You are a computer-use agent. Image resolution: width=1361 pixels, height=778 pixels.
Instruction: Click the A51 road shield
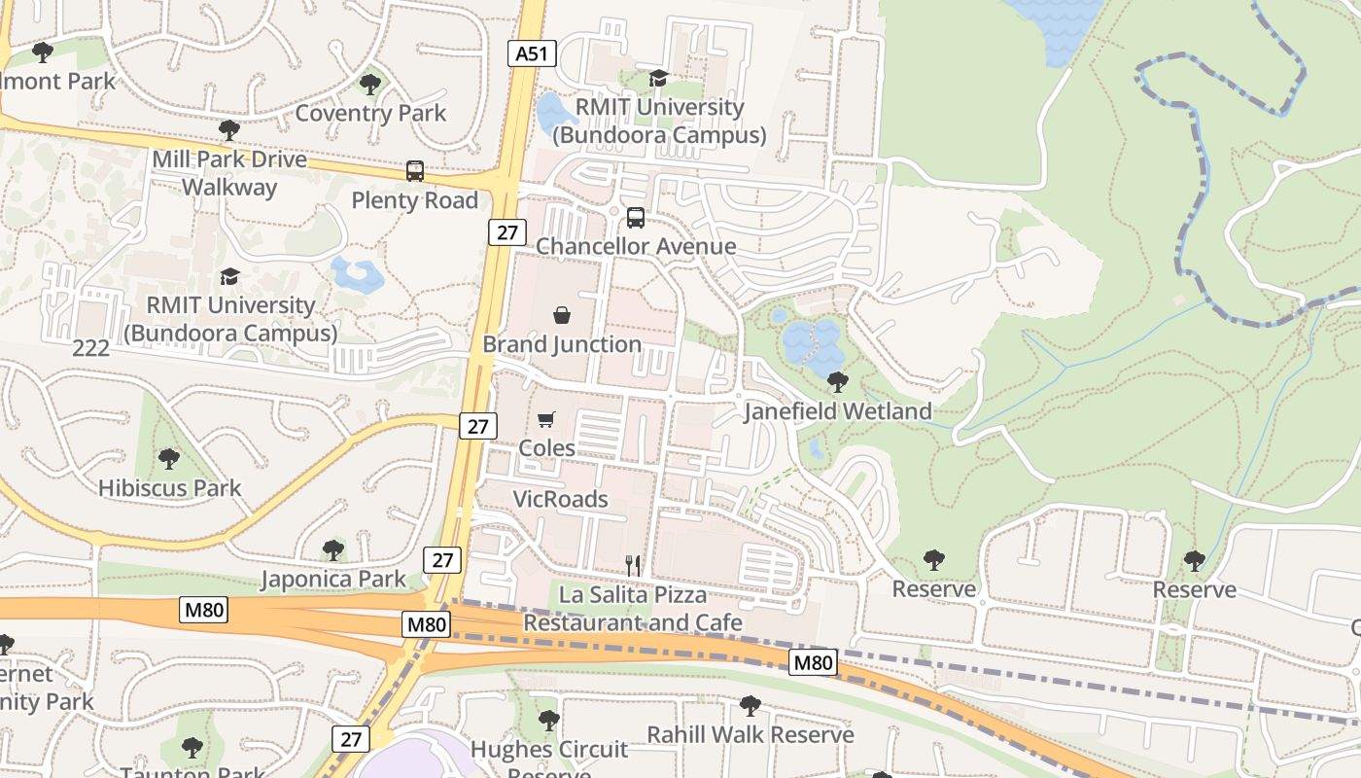coord(532,53)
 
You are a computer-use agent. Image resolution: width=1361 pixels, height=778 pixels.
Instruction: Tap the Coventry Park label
coord(370,113)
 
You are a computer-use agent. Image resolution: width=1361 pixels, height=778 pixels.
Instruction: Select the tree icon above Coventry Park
coord(369,85)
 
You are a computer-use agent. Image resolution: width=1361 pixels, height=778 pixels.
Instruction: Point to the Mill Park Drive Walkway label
coord(229,173)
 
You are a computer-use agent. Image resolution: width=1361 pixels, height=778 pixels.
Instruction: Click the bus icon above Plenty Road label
coord(415,171)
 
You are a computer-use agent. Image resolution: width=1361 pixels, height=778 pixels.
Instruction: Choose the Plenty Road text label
coord(415,200)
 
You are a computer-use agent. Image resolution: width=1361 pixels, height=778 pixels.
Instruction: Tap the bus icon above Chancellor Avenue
coord(636,218)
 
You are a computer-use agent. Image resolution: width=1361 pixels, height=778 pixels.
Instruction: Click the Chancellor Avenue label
coord(636,247)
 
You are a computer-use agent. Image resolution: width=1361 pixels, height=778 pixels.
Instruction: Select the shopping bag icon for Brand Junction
coord(562,315)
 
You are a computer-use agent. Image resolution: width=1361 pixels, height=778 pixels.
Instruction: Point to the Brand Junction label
coord(562,344)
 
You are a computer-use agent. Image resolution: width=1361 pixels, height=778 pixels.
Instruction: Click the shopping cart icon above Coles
coord(546,419)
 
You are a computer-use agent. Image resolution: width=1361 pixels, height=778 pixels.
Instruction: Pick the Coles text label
coord(546,448)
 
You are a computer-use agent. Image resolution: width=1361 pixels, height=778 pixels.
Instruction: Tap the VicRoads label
coord(560,500)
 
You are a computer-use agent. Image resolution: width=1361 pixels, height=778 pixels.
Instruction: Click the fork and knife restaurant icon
coord(632,564)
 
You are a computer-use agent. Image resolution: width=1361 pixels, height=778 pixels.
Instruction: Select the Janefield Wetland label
coord(837,411)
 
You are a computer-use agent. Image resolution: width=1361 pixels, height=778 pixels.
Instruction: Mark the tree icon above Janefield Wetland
coord(837,382)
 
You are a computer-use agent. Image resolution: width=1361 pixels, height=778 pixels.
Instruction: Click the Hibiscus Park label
coord(169,487)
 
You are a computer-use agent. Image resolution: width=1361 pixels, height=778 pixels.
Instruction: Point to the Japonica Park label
coord(333,580)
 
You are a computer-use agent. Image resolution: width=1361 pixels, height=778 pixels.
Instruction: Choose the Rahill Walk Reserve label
coord(750,734)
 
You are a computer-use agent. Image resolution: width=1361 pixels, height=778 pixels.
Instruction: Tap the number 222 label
coord(91,348)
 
